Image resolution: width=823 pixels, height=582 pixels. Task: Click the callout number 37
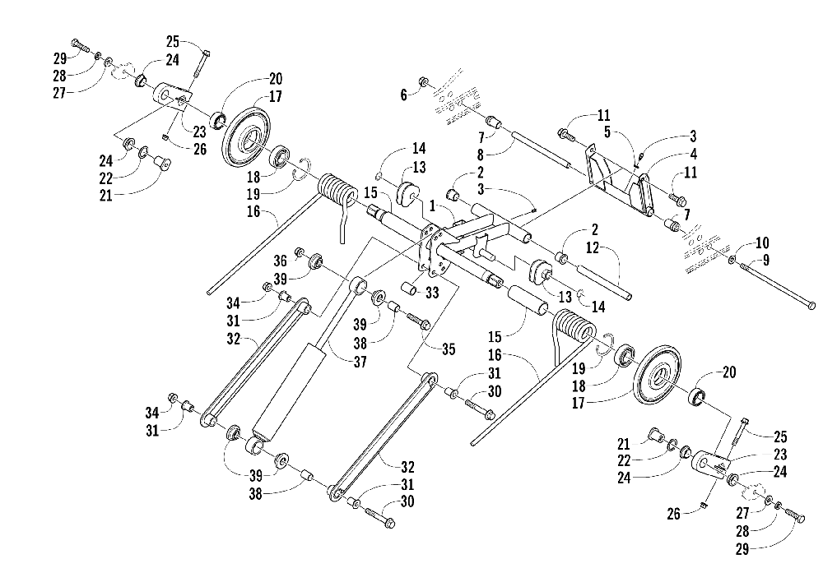click(360, 361)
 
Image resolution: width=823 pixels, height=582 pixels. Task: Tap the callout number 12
click(592, 247)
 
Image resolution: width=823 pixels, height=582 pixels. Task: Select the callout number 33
click(432, 292)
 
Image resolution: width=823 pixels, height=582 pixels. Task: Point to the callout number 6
click(403, 95)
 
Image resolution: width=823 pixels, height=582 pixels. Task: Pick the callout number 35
click(449, 349)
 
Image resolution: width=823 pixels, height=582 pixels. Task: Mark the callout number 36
click(281, 261)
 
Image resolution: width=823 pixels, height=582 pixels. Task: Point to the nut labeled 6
click(422, 82)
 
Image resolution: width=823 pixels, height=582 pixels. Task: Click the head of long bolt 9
click(811, 305)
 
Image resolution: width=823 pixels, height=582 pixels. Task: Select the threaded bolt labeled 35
click(418, 320)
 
